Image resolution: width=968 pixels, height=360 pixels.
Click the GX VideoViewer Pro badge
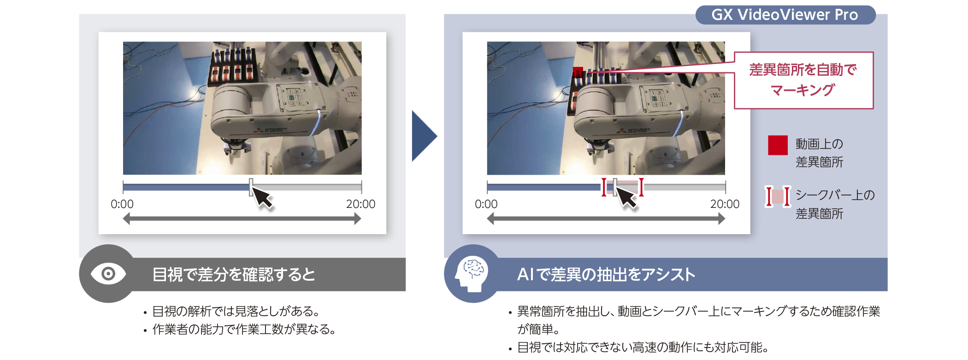(785, 15)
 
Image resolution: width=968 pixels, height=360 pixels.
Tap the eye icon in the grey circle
(108, 274)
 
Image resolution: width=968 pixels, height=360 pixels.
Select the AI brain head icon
(471, 274)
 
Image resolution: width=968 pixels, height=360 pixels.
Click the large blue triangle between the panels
(424, 136)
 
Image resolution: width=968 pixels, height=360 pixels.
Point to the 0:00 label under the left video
(122, 204)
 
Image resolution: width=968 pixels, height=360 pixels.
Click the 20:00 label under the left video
(361, 204)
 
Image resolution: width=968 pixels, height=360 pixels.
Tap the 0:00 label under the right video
(486, 204)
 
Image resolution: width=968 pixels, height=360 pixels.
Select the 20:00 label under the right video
(725, 204)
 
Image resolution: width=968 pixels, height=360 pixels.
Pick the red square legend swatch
(778, 145)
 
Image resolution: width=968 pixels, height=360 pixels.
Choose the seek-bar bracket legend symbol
(778, 196)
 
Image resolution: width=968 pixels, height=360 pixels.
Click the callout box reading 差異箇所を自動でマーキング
(803, 80)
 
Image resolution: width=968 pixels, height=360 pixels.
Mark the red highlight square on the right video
(578, 72)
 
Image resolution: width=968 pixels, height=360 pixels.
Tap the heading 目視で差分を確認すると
(234, 275)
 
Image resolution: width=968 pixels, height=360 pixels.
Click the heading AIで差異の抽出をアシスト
(606, 275)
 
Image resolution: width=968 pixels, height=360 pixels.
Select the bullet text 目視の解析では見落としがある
(236, 312)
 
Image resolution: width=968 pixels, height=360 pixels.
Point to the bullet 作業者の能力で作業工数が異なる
(244, 330)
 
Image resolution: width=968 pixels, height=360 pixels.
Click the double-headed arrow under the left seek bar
(242, 219)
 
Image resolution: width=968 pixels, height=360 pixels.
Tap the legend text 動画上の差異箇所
(820, 153)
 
